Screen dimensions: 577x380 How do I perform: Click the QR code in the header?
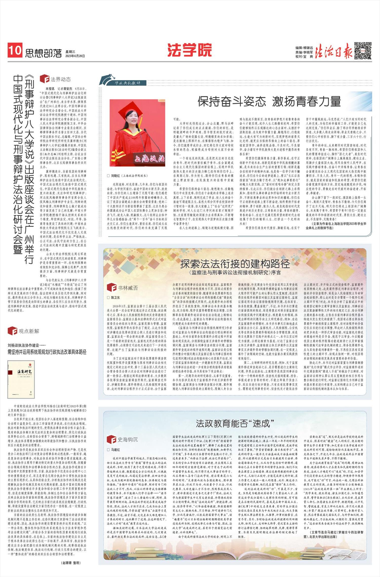coord(363,51)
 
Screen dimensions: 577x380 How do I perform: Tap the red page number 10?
coord(15,50)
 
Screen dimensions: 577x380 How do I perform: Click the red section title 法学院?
coord(189,50)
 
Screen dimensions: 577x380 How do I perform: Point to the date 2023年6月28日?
coord(75,56)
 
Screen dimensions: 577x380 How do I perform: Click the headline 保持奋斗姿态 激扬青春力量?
coord(269,102)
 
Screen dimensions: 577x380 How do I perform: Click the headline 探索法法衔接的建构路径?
coord(235,264)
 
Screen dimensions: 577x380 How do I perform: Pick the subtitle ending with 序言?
coord(235,273)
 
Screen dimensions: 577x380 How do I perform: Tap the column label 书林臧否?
coord(128,288)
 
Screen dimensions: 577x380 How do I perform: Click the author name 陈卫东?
coord(115,297)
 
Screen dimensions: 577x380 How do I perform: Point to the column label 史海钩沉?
coord(127,440)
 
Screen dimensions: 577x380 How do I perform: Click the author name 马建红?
coord(115,450)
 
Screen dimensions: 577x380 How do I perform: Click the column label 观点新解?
coord(29,331)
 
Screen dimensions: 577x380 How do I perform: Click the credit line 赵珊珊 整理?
coord(71,563)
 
